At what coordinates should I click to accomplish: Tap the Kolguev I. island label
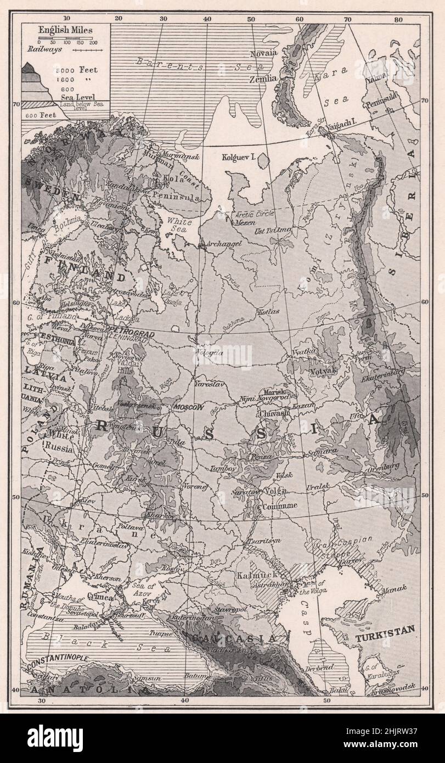[239, 157]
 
